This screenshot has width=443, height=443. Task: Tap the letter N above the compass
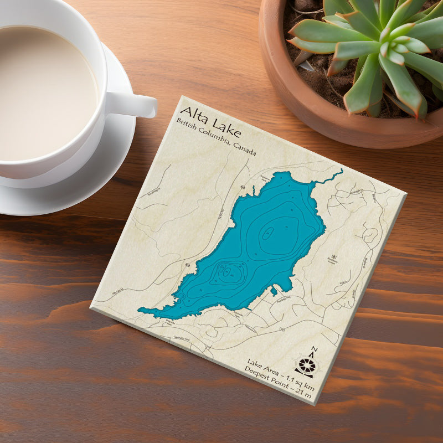coord(314,350)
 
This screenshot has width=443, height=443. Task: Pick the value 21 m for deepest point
coord(303,393)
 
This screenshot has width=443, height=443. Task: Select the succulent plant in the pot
coord(377,50)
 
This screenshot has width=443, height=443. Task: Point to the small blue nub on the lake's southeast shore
coord(274,290)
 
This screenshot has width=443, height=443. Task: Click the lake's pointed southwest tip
coord(142,311)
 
